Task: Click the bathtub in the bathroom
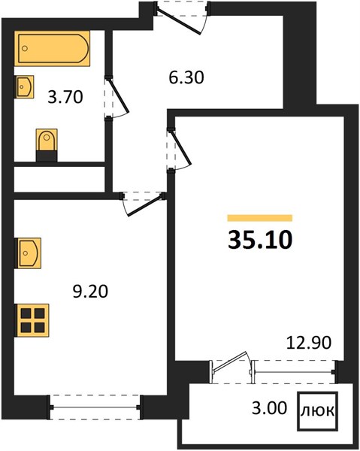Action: (52, 48)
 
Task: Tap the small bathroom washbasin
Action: (24, 87)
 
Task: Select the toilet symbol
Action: (47, 144)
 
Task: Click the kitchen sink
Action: (28, 253)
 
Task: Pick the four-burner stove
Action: (32, 320)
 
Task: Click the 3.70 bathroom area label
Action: (65, 97)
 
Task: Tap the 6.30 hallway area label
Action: (186, 77)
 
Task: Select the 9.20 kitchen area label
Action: (90, 292)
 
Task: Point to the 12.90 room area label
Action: (309, 343)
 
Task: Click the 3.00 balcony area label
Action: (269, 408)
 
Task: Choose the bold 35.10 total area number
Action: (260, 240)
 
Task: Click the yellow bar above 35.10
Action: (260, 218)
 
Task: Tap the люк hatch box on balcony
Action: (317, 411)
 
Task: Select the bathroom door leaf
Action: (118, 95)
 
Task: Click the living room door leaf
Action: (181, 148)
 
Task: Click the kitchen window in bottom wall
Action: (95, 407)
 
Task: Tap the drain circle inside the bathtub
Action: (25, 48)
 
